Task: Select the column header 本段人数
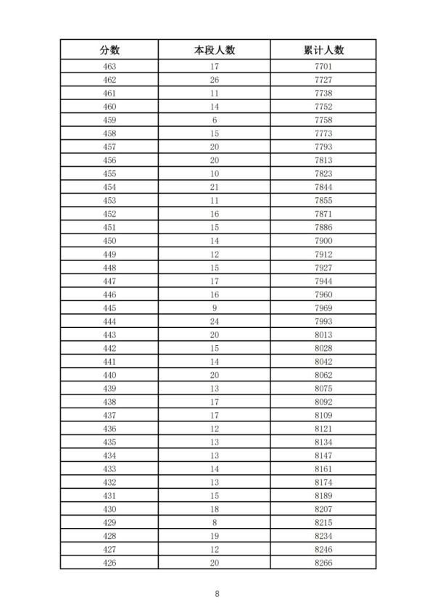[215, 49]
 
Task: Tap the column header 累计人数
[323, 49]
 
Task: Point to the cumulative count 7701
[323, 67]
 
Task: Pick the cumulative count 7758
[323, 120]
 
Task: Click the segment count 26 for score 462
[215, 80]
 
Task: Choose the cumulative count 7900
[323, 240]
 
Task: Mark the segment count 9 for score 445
[215, 307]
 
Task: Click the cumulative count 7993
[323, 321]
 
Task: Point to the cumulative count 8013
[323, 334]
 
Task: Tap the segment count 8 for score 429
[215, 521]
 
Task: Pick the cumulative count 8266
[323, 562]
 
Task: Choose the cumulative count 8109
[323, 414]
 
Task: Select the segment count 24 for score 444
[215, 321]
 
